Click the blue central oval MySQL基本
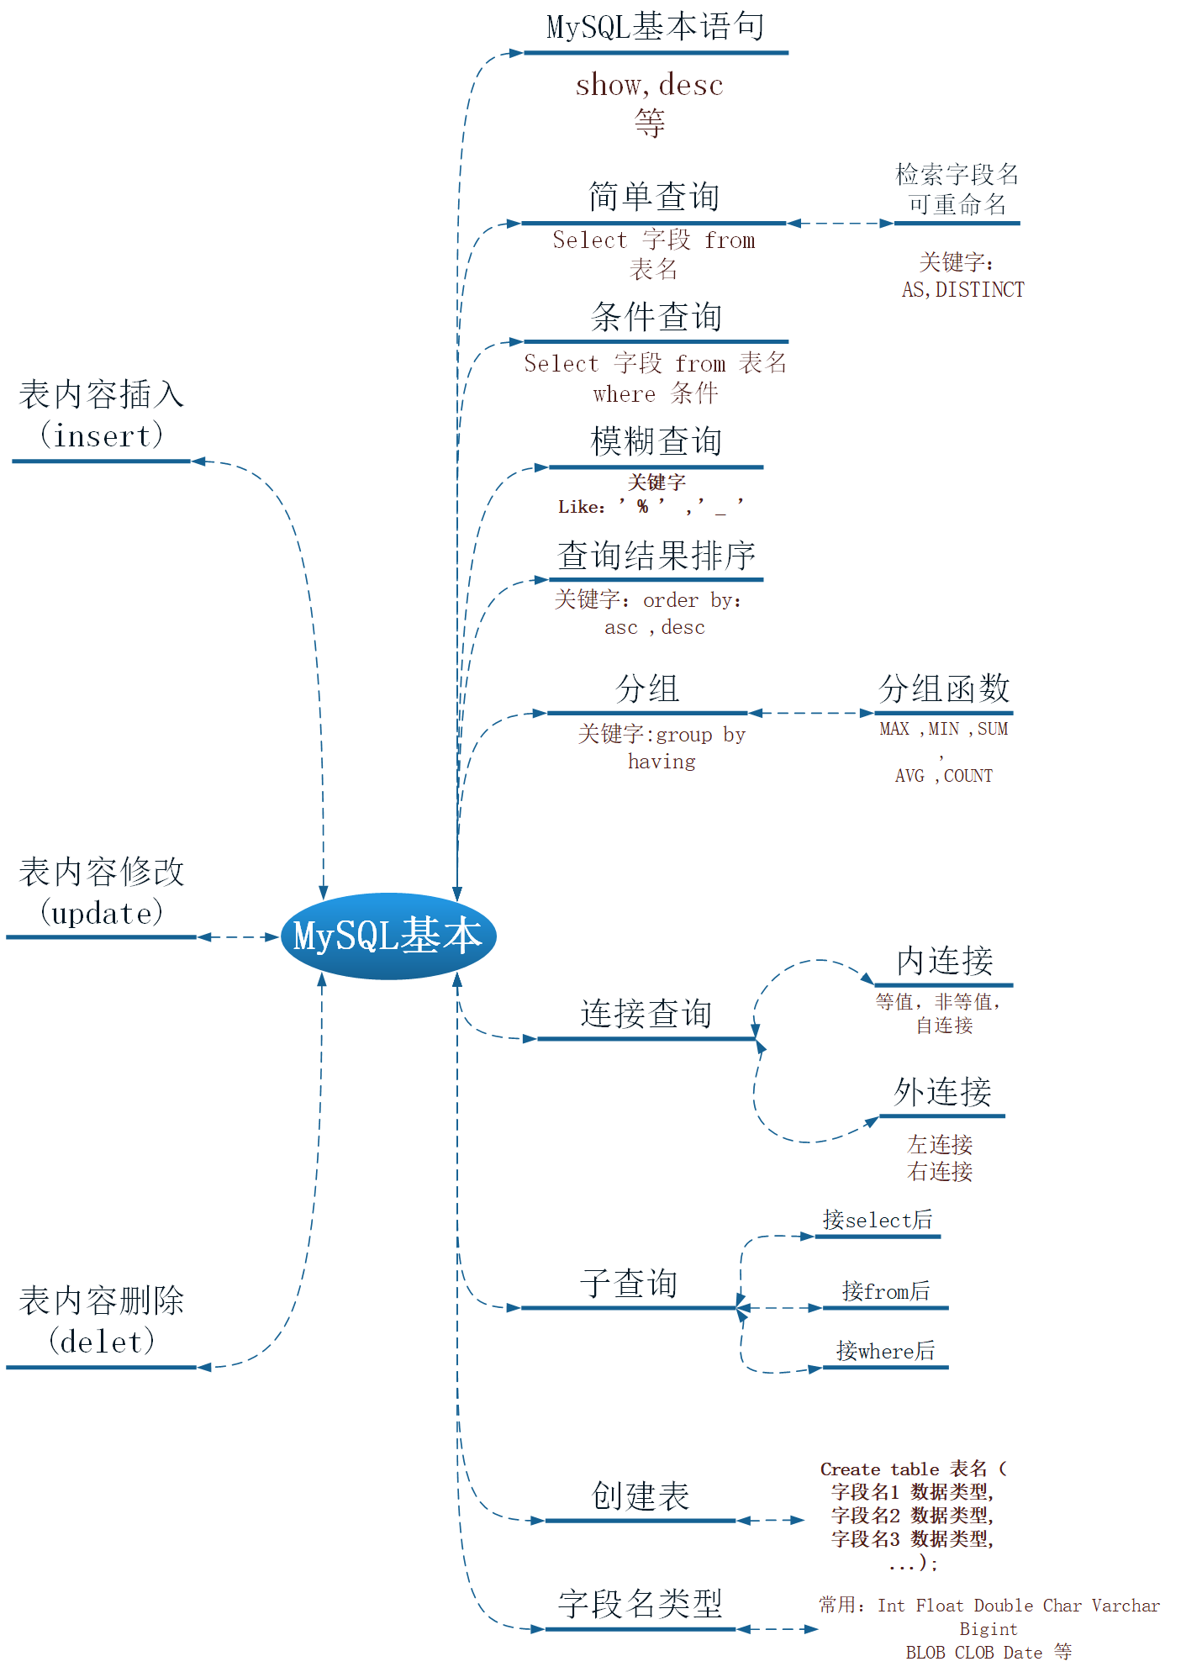(x=388, y=936)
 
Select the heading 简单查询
(x=654, y=197)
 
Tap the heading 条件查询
(x=656, y=317)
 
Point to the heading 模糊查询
(x=656, y=441)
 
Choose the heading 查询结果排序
(x=656, y=556)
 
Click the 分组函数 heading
(x=943, y=688)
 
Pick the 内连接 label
(x=944, y=961)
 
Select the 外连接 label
(x=941, y=1092)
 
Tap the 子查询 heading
(x=628, y=1284)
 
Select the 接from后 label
(x=885, y=1291)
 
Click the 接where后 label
(x=885, y=1351)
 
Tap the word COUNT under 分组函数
(x=967, y=776)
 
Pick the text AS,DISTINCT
(x=962, y=290)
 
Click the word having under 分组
(x=662, y=762)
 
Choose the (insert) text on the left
(x=101, y=435)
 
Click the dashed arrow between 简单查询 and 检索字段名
(x=840, y=224)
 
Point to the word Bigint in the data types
(x=988, y=1629)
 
